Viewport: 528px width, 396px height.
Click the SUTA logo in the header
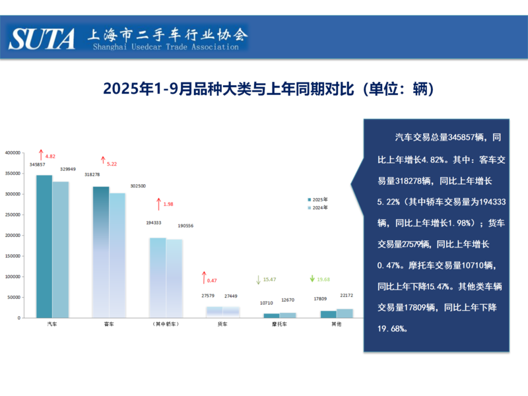[x=42, y=39]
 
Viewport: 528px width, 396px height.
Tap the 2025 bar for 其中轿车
[x=158, y=277]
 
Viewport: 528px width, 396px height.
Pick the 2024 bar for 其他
[x=345, y=313]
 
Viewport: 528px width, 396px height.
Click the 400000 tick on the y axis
[x=13, y=152]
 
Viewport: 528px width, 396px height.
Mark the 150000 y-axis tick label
[x=13, y=255]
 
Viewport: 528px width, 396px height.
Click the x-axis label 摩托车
[x=271, y=325]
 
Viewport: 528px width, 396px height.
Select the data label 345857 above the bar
[x=37, y=164]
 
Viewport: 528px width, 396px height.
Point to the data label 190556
[x=186, y=226]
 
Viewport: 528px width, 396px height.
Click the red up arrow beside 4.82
[x=40, y=155]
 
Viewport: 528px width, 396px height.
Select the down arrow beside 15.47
[x=258, y=280]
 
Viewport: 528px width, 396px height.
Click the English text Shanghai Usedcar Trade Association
[x=166, y=47]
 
